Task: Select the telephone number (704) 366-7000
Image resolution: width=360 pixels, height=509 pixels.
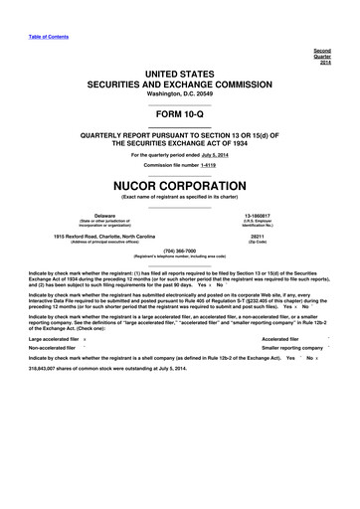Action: [180, 251]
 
